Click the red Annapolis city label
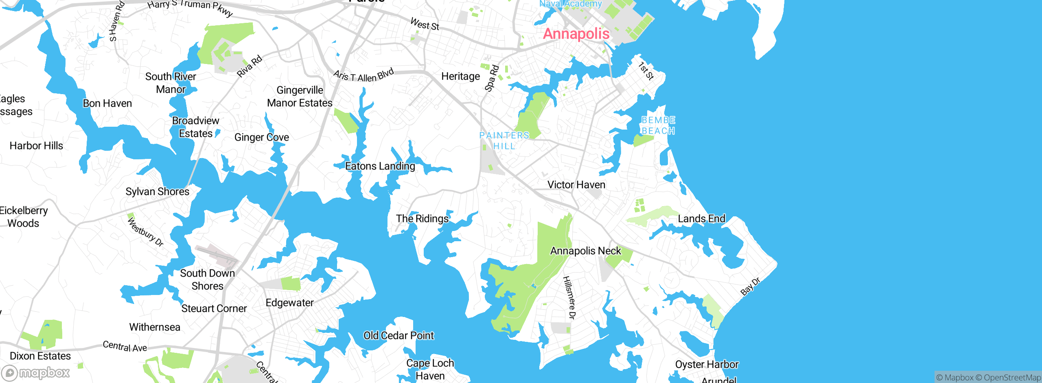[x=576, y=34]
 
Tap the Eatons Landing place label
[x=380, y=166]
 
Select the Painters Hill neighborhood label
[x=504, y=141]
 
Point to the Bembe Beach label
[x=658, y=125]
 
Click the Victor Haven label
[x=576, y=185]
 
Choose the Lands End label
[x=701, y=219]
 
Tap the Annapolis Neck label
[x=585, y=251]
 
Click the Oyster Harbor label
[x=707, y=364]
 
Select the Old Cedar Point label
[x=398, y=336]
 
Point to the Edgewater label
[x=289, y=303]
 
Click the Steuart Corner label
[x=214, y=309]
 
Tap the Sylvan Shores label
[x=157, y=192]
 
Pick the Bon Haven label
[x=107, y=103]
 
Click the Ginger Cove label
[x=262, y=137]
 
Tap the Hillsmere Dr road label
[x=569, y=297]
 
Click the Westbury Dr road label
[x=145, y=232]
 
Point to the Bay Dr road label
[x=750, y=286]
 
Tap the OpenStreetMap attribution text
[x=1011, y=378]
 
